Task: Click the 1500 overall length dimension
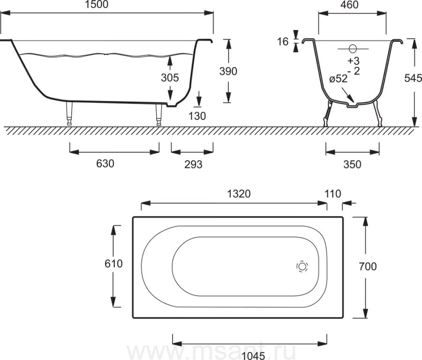click(96, 4)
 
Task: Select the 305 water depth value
click(170, 77)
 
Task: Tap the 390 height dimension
click(228, 71)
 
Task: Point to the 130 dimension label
click(197, 116)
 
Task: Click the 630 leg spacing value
click(105, 163)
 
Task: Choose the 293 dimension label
click(193, 164)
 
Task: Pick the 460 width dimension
click(349, 5)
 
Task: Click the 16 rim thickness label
click(283, 42)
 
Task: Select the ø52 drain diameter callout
click(338, 79)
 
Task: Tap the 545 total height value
click(413, 78)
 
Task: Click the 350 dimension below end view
click(352, 164)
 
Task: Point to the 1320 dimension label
click(239, 194)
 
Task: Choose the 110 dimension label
click(333, 194)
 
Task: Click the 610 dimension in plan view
click(113, 263)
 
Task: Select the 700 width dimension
click(368, 267)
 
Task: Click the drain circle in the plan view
click(302, 267)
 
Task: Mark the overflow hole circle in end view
click(353, 49)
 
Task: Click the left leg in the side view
click(69, 113)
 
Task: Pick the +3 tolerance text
click(354, 61)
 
